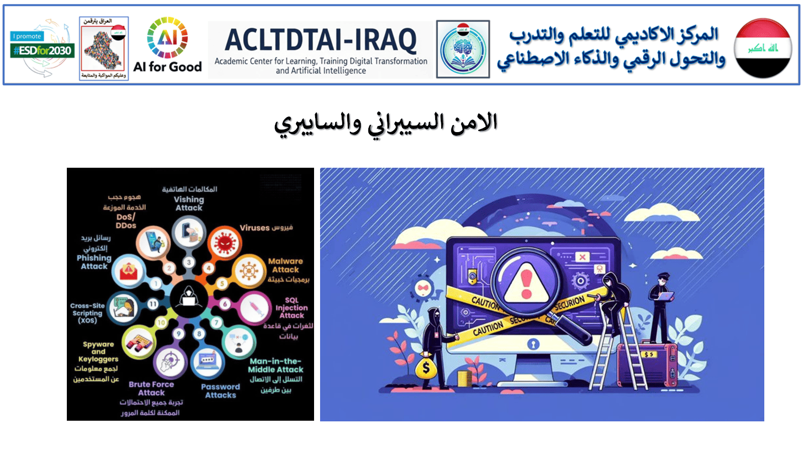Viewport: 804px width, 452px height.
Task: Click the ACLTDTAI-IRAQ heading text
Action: point(321,40)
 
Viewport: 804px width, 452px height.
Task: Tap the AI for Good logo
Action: point(167,45)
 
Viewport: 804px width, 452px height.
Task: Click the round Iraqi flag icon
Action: point(762,48)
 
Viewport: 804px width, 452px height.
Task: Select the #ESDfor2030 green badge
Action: point(43,50)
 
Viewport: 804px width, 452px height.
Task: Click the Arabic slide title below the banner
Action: point(386,124)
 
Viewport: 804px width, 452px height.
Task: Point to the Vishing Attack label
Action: point(189,203)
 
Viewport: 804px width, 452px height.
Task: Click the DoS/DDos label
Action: point(126,221)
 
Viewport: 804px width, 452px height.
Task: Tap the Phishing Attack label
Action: point(94,262)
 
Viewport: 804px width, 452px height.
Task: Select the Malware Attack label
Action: point(285,265)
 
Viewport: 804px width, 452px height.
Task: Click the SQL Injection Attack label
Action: point(291,307)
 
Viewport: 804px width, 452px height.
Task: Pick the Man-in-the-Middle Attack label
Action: point(275,365)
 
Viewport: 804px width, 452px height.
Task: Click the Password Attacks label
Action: point(221,391)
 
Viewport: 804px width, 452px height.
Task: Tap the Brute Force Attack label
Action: point(151,388)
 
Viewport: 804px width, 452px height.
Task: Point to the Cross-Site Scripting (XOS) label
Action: point(87,312)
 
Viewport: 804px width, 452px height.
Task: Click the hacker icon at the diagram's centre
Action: point(188,299)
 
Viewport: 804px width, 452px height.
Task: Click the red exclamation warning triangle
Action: point(526,284)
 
